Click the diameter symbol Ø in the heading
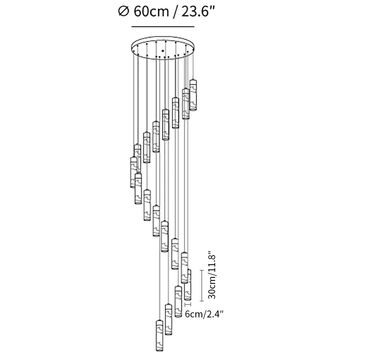pyautogui.click(x=123, y=12)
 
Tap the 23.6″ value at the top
pyautogui.click(x=197, y=12)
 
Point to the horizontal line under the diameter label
pyautogui.click(x=163, y=27)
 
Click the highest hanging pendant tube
pyautogui.click(x=193, y=95)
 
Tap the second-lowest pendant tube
pyautogui.click(x=169, y=319)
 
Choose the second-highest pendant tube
pyautogui.click(x=186, y=104)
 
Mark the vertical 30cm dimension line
pyautogui.click(x=202, y=286)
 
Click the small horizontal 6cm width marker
pyautogui.click(x=188, y=304)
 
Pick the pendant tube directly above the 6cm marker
pyautogui.click(x=188, y=285)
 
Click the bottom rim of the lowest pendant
pyautogui.click(x=159, y=350)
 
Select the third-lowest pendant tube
pyautogui.click(x=178, y=301)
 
